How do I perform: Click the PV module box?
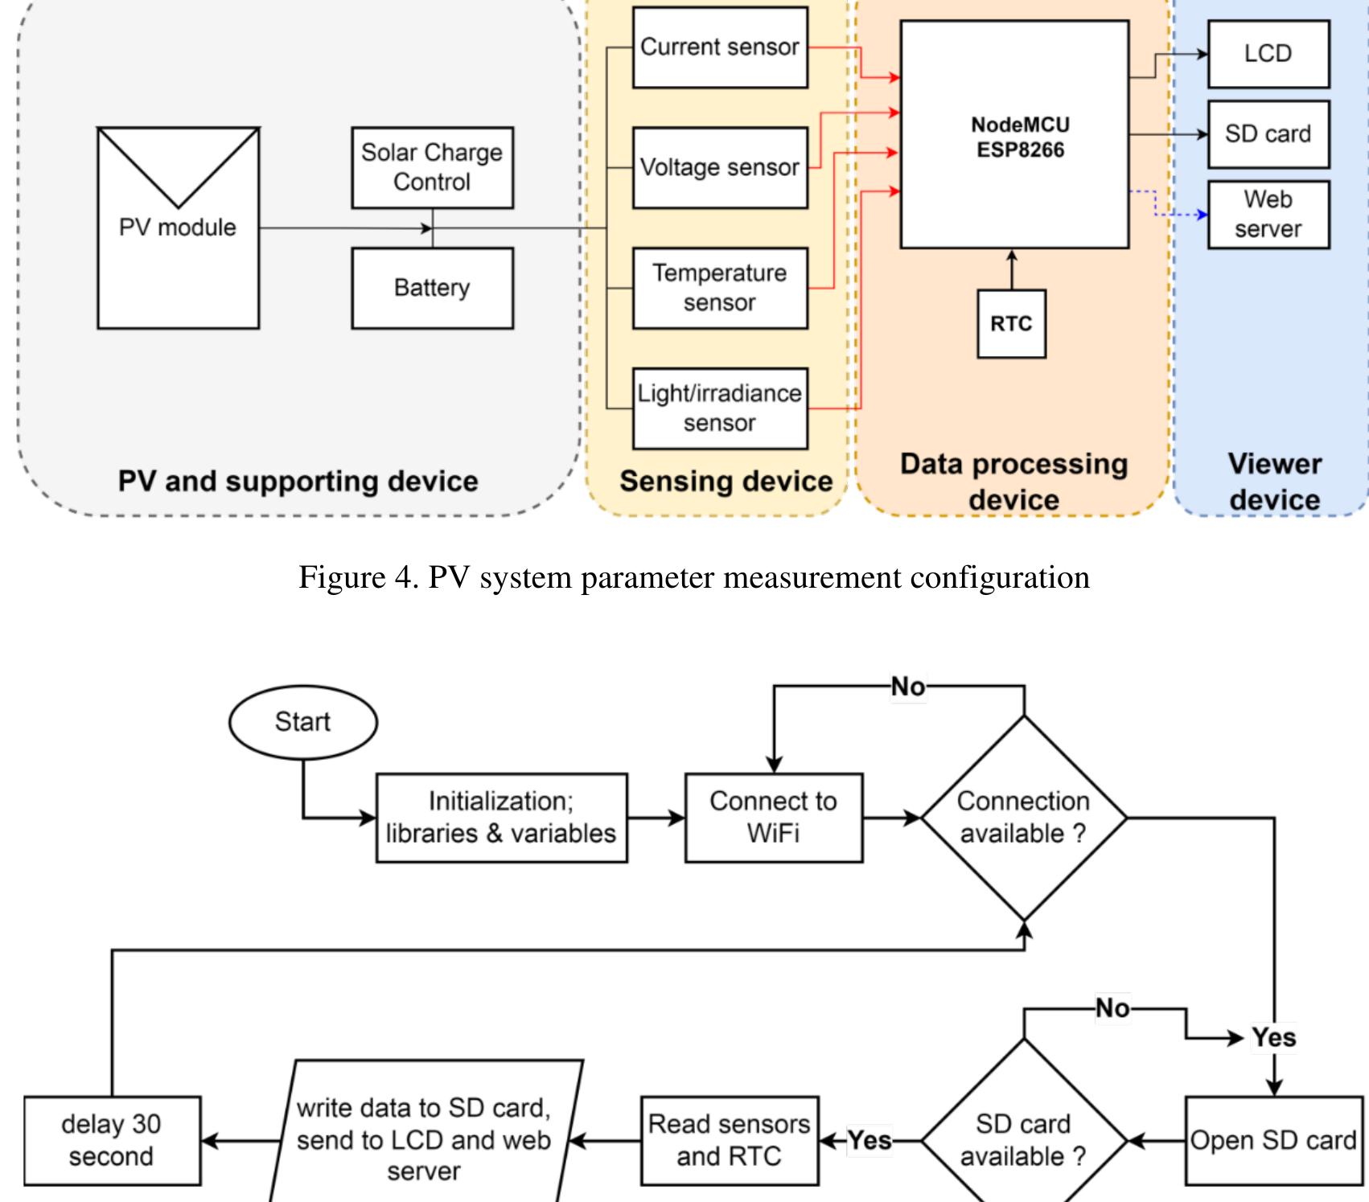point(178,228)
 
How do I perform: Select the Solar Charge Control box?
point(432,167)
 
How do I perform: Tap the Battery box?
point(432,288)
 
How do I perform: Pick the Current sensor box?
point(720,47)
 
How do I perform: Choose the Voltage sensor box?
point(720,167)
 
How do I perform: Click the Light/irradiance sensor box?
point(720,408)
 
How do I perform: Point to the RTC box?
point(1011,324)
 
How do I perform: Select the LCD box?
point(1268,54)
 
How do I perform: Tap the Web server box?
point(1268,215)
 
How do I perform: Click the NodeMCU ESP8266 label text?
point(1020,137)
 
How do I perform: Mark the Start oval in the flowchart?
point(302,722)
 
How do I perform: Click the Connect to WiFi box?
point(773,818)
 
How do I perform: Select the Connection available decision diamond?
point(1023,818)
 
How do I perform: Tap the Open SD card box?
point(1273,1140)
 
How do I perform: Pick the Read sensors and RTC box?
point(730,1140)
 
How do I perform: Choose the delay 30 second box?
point(112,1140)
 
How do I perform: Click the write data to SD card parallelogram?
point(424,1140)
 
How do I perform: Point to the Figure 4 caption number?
point(402,577)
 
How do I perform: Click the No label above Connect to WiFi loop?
point(908,687)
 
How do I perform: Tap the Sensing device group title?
point(726,481)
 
